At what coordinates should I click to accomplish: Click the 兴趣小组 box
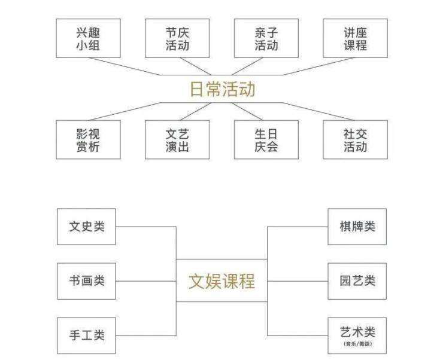88,38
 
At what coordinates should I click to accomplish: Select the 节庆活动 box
177,38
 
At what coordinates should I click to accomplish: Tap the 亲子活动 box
266,38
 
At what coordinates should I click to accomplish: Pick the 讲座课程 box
355,38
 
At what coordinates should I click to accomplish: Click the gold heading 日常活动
222,90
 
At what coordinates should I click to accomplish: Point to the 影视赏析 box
88,139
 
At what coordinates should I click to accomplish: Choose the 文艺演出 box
177,139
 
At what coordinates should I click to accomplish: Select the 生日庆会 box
266,139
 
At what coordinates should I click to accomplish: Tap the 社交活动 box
355,139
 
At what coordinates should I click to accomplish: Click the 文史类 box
86,227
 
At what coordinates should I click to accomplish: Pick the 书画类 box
86,280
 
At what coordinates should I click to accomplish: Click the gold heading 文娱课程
222,280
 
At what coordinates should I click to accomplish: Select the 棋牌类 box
357,227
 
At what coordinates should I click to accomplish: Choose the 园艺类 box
357,280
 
